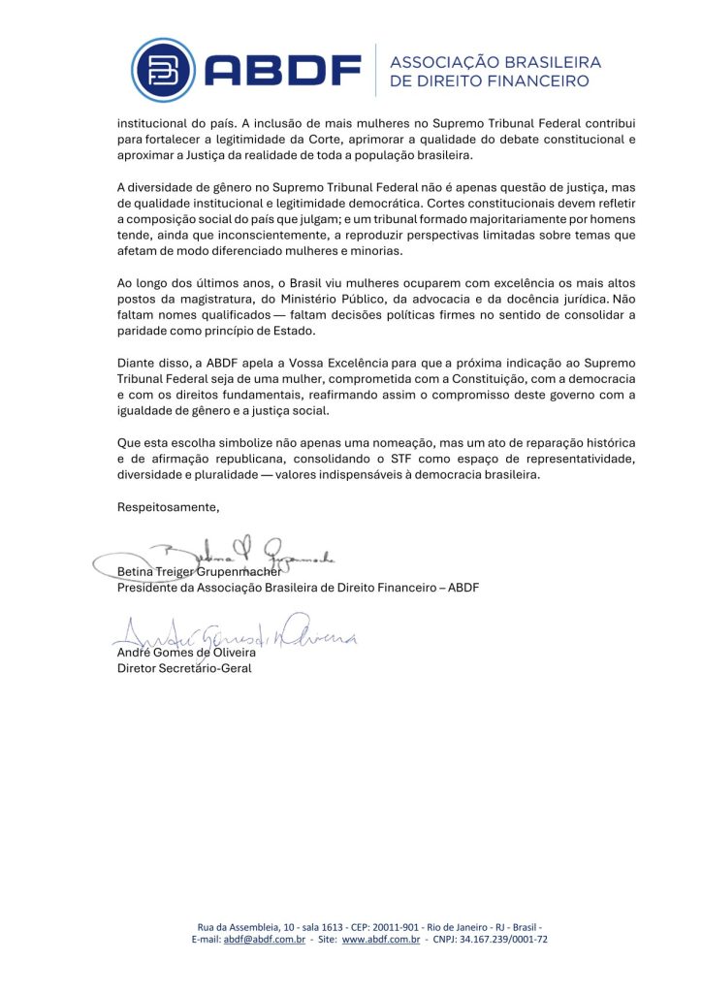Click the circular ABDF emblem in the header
[x=163, y=70]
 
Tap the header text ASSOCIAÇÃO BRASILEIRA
[x=495, y=62]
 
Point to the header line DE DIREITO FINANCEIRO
[x=489, y=81]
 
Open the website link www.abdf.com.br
[x=380, y=940]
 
